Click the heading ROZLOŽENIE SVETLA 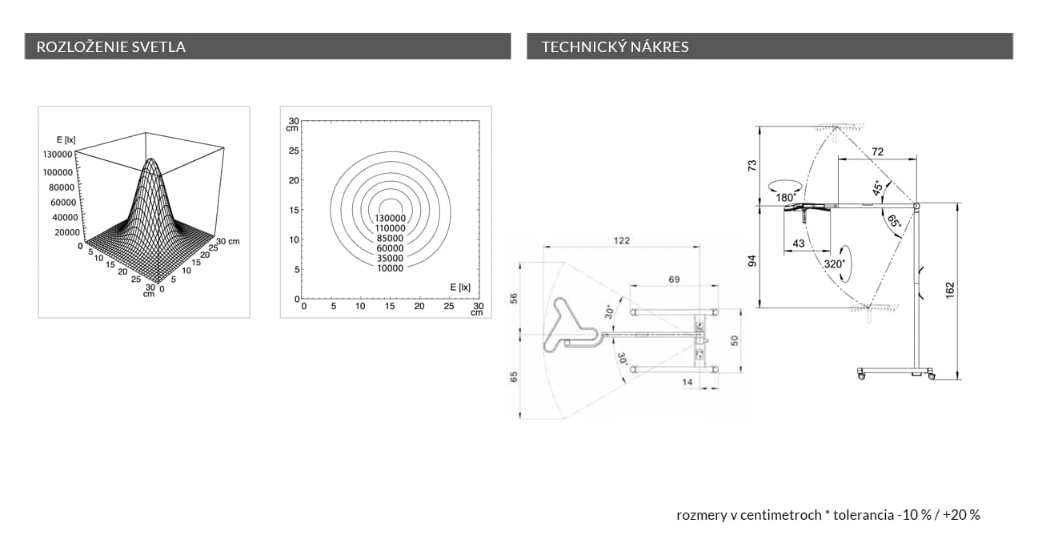pos(111,46)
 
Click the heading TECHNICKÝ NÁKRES pos(615,46)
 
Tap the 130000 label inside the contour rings pos(391,218)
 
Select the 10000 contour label pos(391,268)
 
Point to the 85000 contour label pos(391,238)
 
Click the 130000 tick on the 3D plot pos(58,154)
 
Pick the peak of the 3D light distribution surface pos(151,159)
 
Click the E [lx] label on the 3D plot pos(66,139)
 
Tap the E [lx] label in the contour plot pos(460,288)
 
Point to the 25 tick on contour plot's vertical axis pos(294,151)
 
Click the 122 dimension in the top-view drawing pos(622,240)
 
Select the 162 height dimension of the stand pos(950,291)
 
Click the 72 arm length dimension pos(878,151)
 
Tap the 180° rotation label pos(786,198)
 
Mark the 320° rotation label pos(835,264)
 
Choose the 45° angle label pos(878,188)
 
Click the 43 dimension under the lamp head pos(799,243)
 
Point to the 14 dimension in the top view pos(687,382)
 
